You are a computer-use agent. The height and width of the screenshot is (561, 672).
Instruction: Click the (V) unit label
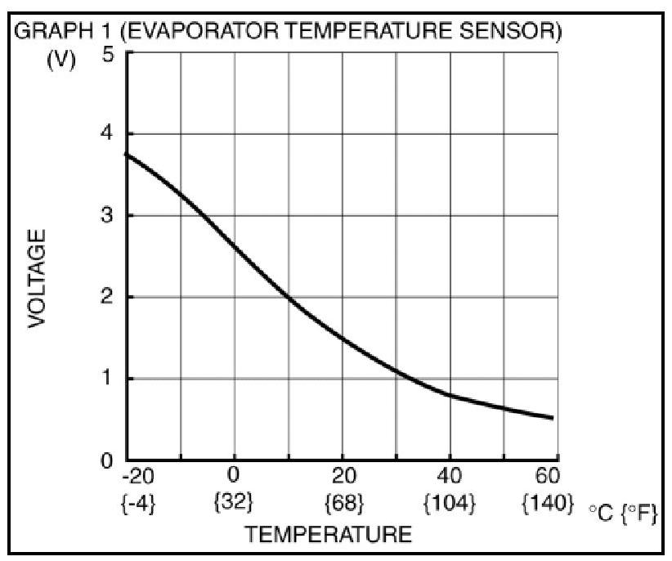60,61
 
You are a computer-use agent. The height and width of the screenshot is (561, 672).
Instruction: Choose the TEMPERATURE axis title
329,536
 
